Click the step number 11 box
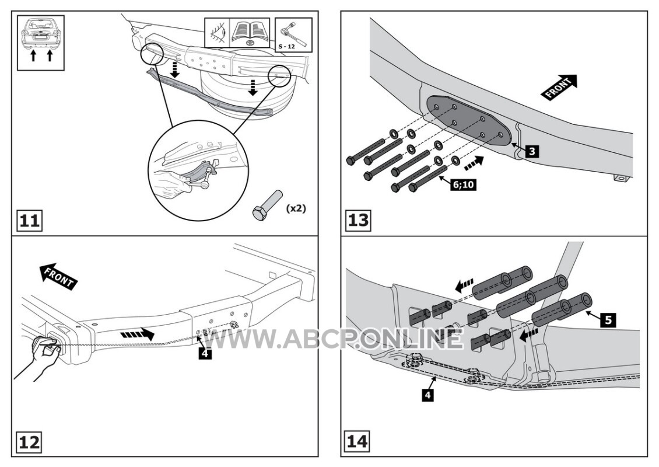click(x=29, y=220)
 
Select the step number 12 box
click(x=29, y=442)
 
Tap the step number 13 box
click(x=359, y=220)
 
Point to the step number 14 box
click(x=357, y=442)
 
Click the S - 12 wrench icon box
click(x=293, y=35)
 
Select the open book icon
click(x=250, y=33)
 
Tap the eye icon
click(x=218, y=33)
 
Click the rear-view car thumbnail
click(x=41, y=43)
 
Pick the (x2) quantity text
click(x=296, y=208)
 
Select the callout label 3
click(x=532, y=151)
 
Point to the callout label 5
click(x=608, y=320)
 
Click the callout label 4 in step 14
click(x=427, y=395)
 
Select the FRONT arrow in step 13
click(x=560, y=87)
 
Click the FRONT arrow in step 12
click(x=57, y=277)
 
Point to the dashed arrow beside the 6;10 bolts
click(x=474, y=163)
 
